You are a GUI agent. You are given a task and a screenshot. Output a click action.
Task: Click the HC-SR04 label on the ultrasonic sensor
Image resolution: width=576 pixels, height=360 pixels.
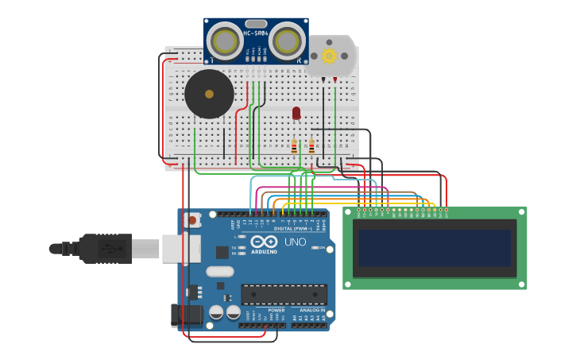pyautogui.click(x=255, y=33)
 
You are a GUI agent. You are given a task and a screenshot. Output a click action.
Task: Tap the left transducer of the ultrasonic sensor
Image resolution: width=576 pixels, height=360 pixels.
pyautogui.click(x=225, y=41)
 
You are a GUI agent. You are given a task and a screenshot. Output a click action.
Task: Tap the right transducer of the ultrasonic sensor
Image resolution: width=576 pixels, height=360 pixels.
pyautogui.click(x=287, y=41)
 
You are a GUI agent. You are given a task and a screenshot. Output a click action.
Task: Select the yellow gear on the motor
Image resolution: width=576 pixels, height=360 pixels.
pyautogui.click(x=329, y=56)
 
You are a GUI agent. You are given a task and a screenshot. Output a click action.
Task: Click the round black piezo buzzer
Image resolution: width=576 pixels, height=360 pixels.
pyautogui.click(x=209, y=94)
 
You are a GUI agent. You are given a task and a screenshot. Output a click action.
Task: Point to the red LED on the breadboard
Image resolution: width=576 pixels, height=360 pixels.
pyautogui.click(x=296, y=113)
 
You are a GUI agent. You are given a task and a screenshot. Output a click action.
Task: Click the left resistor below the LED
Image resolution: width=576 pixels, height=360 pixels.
pyautogui.click(x=294, y=147)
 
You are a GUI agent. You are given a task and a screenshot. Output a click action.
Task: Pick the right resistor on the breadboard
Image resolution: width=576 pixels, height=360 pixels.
pyautogui.click(x=311, y=147)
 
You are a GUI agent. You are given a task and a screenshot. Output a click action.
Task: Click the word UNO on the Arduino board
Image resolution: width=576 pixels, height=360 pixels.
pyautogui.click(x=295, y=242)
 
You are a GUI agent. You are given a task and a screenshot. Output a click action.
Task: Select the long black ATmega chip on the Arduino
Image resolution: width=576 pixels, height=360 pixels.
pyautogui.click(x=284, y=294)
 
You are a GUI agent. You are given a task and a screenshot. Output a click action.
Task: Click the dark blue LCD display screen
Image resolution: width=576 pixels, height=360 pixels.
pyautogui.click(x=434, y=248)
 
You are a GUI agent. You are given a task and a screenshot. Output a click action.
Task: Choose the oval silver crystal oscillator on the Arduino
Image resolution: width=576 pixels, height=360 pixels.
pyautogui.click(x=220, y=272)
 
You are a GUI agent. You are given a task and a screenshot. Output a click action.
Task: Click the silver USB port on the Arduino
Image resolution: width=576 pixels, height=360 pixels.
pyautogui.click(x=176, y=248)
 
